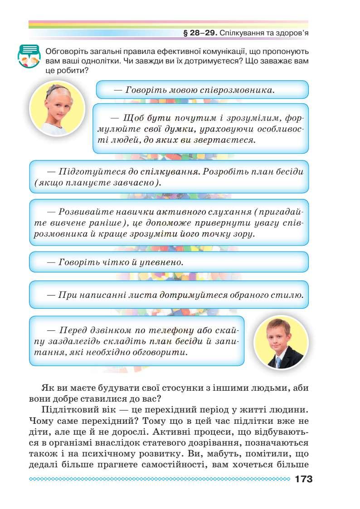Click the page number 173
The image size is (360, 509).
coord(303,480)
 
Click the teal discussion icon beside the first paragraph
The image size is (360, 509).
coord(29,57)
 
